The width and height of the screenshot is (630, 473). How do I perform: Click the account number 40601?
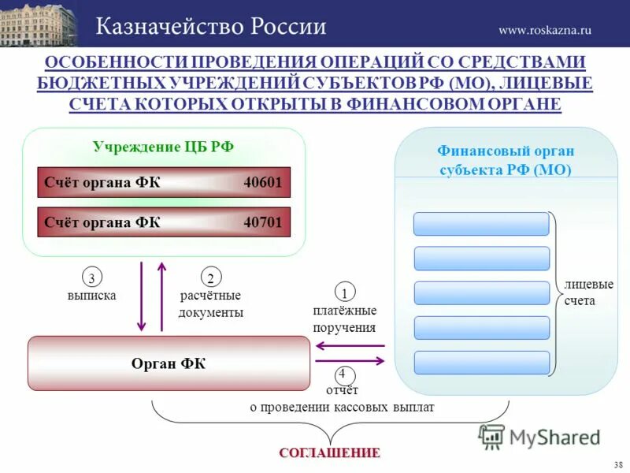(x=262, y=182)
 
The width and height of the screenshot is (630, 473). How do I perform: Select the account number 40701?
(x=262, y=222)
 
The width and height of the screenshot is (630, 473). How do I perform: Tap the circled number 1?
(x=345, y=291)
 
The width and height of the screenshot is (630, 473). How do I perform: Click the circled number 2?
(x=210, y=277)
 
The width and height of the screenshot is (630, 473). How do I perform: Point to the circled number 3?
(x=92, y=277)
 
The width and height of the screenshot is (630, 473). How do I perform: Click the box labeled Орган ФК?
(x=169, y=363)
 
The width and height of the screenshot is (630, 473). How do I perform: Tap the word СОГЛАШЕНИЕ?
(x=329, y=453)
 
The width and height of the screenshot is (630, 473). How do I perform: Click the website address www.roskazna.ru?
(x=544, y=30)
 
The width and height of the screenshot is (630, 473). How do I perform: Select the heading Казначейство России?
(x=211, y=26)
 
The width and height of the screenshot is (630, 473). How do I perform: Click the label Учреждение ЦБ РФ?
(x=163, y=147)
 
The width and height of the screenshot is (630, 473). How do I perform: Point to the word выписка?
(x=91, y=296)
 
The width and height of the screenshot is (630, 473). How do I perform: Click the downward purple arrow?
(x=142, y=296)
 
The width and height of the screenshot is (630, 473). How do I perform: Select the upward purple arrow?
(x=162, y=296)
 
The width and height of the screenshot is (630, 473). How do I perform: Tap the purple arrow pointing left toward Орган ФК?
(x=350, y=345)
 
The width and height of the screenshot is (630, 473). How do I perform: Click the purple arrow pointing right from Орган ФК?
(x=350, y=361)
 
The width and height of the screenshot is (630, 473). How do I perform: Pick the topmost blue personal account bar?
(x=481, y=224)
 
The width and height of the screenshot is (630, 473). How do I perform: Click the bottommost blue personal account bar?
(x=481, y=363)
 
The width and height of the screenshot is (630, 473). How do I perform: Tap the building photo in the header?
(x=39, y=24)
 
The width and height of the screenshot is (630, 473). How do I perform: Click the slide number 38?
(x=617, y=464)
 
